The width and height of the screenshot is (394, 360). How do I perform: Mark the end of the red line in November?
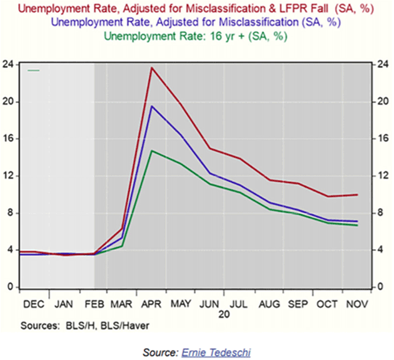pos(358,194)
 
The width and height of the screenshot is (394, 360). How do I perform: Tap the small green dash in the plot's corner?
pos(33,71)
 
